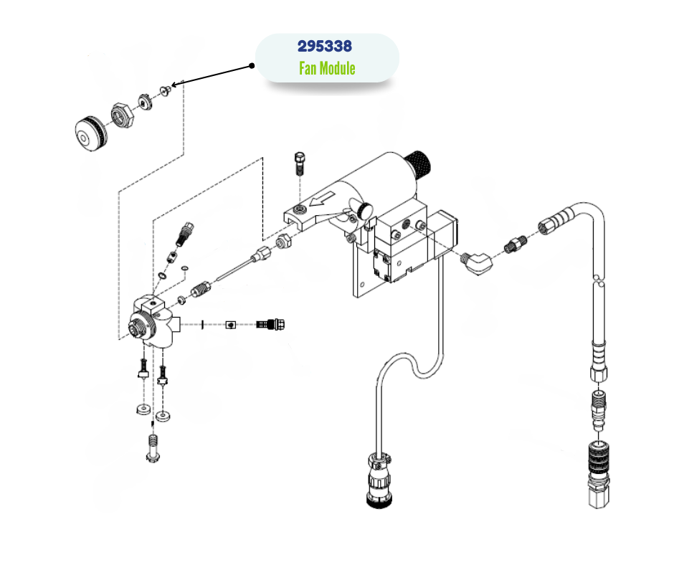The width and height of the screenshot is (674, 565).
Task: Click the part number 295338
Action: coord(325,47)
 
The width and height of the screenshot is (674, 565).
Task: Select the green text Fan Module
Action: coord(327,69)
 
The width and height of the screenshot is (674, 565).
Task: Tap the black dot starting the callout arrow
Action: coord(252,65)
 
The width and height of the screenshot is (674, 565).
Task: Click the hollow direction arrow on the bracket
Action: coord(321,201)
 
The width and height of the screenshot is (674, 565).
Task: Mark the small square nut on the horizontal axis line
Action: coord(230,325)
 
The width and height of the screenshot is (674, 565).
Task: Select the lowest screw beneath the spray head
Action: coord(152,449)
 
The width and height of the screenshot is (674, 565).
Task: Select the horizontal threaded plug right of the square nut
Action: coord(272,324)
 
